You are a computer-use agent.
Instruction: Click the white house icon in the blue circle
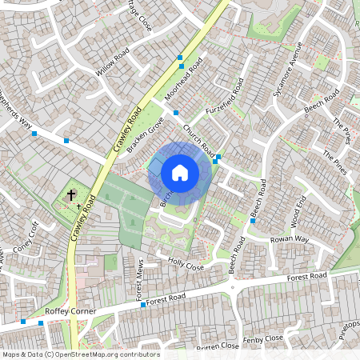(x=180, y=172)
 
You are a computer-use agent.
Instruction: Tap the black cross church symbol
(x=71, y=194)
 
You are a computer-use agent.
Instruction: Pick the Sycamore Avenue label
(x=288, y=78)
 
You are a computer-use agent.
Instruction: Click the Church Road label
(x=198, y=140)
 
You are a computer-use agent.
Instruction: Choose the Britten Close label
(x=218, y=346)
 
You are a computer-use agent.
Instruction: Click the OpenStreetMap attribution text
(x=80, y=354)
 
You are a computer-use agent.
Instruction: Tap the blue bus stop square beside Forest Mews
(x=142, y=305)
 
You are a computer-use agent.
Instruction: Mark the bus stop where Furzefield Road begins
(x=176, y=114)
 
